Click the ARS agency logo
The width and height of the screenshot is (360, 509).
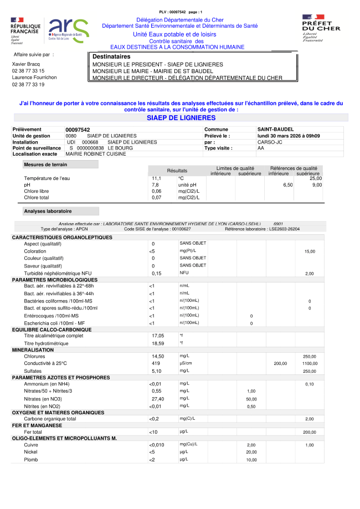[68, 30]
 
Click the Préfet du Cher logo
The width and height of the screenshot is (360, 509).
[321, 28]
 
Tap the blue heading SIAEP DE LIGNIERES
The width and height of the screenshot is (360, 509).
[181, 118]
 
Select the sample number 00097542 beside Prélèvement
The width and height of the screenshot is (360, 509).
[78, 129]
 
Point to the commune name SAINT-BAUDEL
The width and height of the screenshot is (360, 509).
[275, 129]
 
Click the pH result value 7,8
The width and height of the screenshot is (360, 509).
[156, 184]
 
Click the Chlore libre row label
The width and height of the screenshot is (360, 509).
[37, 191]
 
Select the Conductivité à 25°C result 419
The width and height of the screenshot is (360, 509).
[156, 363]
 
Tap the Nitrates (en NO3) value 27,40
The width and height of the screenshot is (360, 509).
[158, 399]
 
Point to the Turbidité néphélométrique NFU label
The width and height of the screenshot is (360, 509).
[58, 273]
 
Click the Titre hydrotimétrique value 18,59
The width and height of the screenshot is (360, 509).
[158, 343]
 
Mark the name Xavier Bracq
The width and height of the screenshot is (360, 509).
[27, 64]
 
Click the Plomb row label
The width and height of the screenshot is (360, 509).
[31, 460]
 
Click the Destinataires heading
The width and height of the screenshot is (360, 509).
[111, 57]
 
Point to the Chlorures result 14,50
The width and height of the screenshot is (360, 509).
[158, 356]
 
